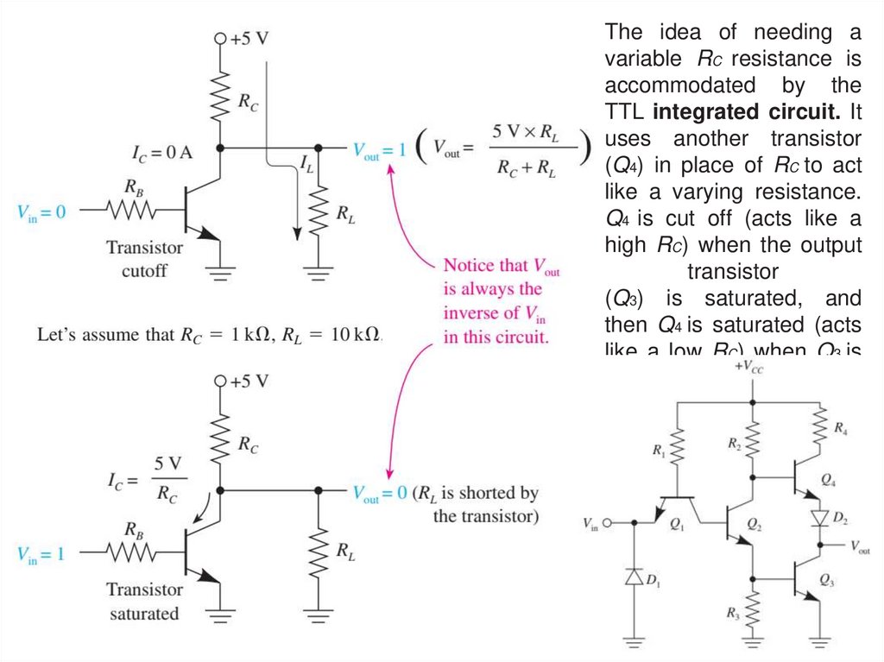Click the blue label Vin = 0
point(41,211)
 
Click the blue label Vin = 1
point(41,553)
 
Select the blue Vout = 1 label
point(379,149)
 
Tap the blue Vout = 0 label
point(379,493)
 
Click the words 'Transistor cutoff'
point(145,258)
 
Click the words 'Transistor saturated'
point(144,602)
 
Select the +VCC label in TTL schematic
point(748,367)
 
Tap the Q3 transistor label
point(828,577)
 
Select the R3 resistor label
point(733,615)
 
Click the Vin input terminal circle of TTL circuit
point(607,523)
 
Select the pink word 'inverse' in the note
point(472,312)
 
